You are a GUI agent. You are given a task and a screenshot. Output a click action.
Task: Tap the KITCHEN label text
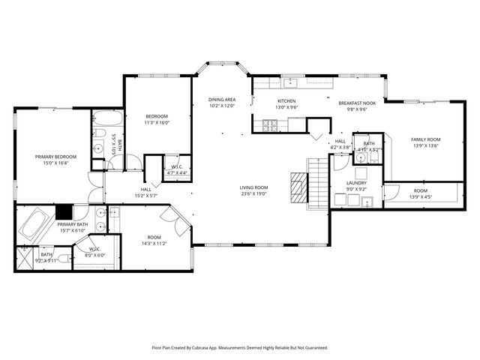click(x=286, y=101)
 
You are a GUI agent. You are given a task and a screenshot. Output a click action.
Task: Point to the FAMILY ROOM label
click(x=424, y=139)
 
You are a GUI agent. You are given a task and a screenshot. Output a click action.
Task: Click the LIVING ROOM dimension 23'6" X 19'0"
click(x=254, y=193)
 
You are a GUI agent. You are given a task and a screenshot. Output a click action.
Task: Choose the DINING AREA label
click(x=222, y=100)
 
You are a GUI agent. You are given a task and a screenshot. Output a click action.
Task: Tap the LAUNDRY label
click(x=355, y=183)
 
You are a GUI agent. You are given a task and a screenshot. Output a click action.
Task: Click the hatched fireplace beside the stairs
click(x=299, y=184)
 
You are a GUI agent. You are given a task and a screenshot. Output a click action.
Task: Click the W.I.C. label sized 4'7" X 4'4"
click(x=177, y=172)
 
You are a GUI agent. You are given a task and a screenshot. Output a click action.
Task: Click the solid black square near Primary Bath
click(x=63, y=211)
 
